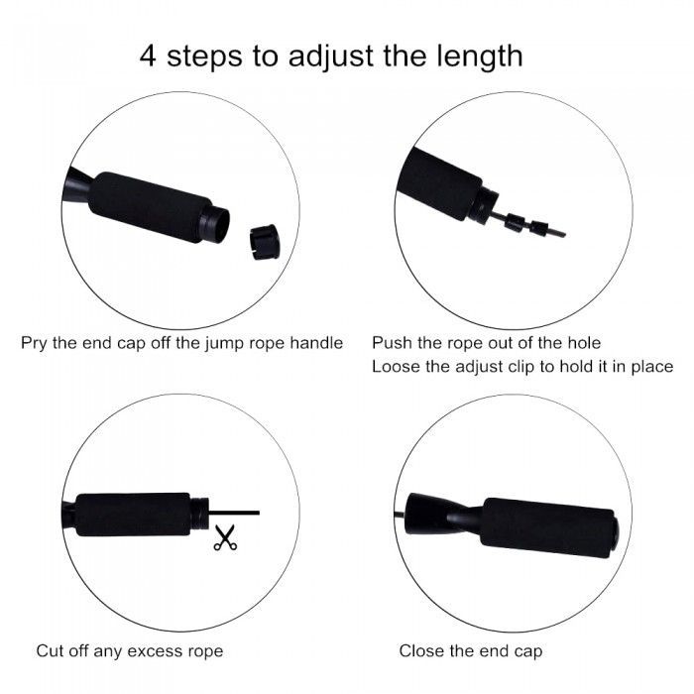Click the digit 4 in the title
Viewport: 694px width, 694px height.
tap(148, 56)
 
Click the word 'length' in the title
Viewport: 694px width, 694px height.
tap(480, 58)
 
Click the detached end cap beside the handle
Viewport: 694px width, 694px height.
tap(265, 242)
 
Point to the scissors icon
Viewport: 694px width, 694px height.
tap(225, 537)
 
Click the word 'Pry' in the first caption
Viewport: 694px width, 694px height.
tap(34, 344)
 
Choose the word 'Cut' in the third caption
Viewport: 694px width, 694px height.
tap(50, 651)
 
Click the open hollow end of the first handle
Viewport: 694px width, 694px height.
tap(218, 225)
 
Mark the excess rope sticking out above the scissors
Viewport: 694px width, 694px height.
tap(234, 513)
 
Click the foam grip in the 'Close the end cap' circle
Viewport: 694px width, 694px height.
tap(548, 527)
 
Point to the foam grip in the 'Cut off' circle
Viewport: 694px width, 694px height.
tap(133, 515)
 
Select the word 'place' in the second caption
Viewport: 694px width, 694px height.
tap(652, 368)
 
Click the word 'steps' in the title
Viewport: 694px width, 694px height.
tap(204, 58)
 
